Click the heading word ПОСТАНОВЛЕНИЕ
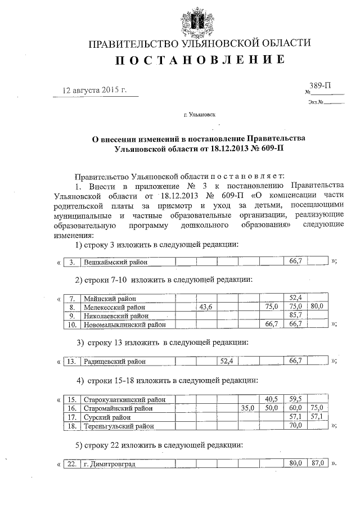click(x=200, y=61)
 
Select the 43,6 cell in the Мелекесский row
click(x=205, y=307)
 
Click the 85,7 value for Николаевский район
click(x=296, y=316)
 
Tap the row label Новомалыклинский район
click(x=125, y=325)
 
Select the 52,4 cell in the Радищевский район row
click(x=227, y=361)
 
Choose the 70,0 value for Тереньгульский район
click(x=296, y=426)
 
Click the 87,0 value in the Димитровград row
click(x=318, y=465)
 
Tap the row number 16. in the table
click(x=71, y=408)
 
